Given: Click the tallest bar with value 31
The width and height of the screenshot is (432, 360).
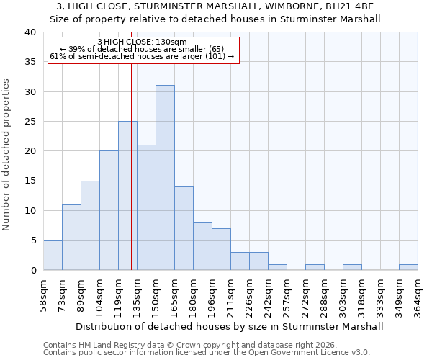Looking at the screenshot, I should pos(165,178).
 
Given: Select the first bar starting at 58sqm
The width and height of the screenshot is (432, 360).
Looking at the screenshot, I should pos(53,255).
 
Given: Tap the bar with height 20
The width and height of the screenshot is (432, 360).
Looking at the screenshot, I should pos(109,210).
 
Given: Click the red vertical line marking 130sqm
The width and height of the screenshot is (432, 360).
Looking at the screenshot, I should pos(131,166).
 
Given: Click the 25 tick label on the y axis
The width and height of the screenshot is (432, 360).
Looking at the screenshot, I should pos(30,122).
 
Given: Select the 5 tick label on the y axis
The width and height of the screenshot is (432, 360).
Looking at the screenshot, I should pos(32,240).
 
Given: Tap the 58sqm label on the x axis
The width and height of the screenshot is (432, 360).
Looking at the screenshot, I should pos(44,295).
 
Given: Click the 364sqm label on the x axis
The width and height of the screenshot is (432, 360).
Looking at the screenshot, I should pos(418,295).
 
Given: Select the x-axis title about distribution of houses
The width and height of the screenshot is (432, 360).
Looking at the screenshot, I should pos(229,326).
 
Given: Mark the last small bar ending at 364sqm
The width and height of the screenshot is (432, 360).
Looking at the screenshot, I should pos(408,267).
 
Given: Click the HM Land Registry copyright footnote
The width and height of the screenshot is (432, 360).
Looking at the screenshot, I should pos(189,345).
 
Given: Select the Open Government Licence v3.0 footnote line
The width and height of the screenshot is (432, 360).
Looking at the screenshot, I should pos(206,353).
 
